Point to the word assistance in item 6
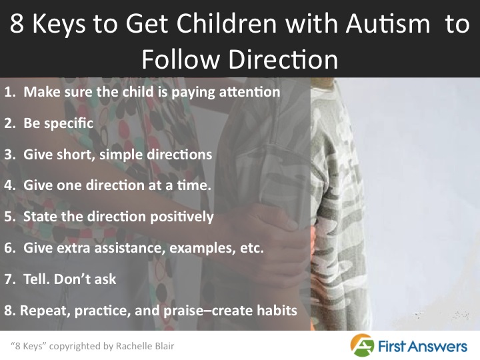click(x=123, y=248)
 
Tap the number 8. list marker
click(x=10, y=310)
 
